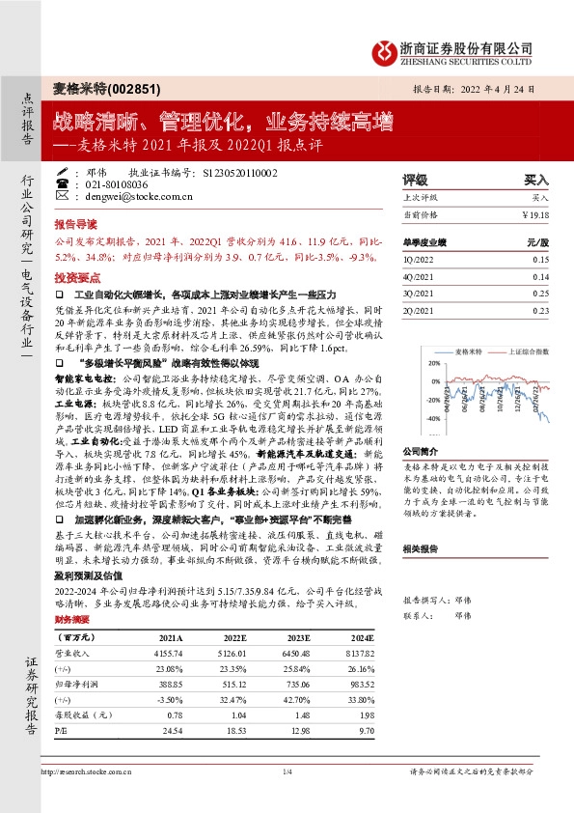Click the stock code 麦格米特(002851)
click(x=88, y=85)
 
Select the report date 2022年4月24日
click(x=508, y=87)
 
